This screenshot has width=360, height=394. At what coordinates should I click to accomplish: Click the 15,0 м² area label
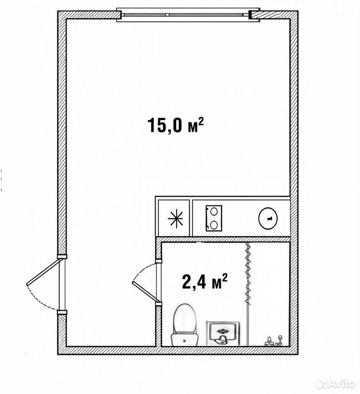tap(175, 125)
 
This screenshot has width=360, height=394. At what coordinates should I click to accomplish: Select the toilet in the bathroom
tap(185, 324)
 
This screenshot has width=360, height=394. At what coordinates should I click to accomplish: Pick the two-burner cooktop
tap(214, 218)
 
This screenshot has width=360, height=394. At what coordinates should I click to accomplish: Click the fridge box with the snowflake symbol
tap(174, 218)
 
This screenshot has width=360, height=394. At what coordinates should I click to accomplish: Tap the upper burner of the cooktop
tap(214, 211)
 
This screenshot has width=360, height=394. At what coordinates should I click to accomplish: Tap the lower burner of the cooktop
tap(214, 225)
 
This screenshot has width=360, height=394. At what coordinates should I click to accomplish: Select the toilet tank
tap(185, 340)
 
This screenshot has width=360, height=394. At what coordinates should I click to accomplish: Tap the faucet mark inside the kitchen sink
tap(269, 218)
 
